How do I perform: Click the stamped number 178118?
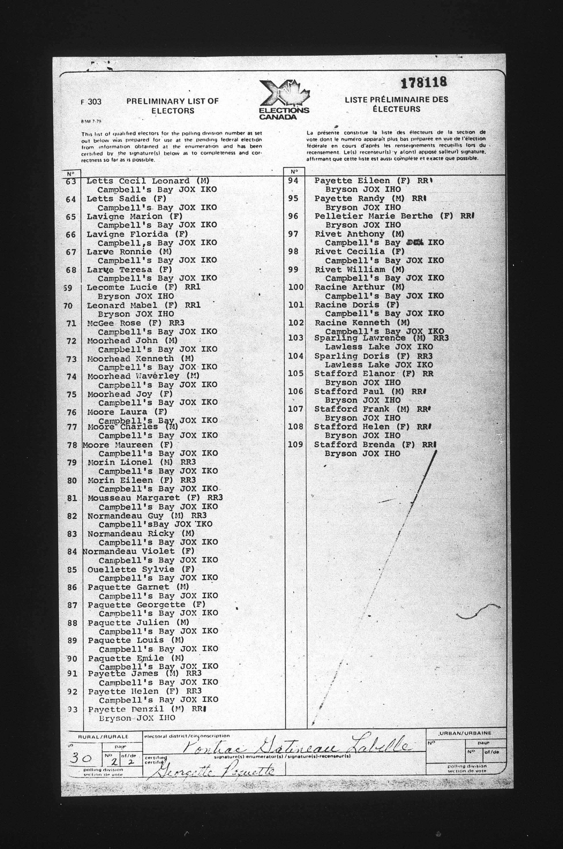click(424, 83)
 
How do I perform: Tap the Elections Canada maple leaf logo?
click(284, 99)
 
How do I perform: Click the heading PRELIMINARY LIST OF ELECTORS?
click(172, 106)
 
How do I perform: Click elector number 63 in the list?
click(71, 182)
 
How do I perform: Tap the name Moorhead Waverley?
click(133, 376)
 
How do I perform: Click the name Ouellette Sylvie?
click(131, 569)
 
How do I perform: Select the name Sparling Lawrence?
click(360, 338)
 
